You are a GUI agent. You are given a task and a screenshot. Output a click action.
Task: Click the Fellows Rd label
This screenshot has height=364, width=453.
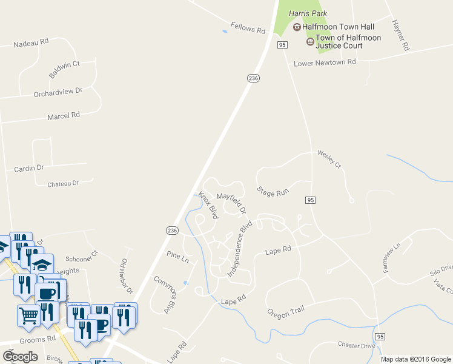coord(248,30)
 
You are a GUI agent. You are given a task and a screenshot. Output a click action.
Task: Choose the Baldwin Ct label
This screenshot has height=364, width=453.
coord(64,69)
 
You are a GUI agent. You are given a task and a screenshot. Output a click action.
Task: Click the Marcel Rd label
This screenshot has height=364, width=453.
coord(63,115)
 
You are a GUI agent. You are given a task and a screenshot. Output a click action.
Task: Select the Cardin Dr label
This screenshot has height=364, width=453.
coord(29,168)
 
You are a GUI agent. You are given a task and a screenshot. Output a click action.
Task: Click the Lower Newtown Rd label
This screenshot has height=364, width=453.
coord(324,63)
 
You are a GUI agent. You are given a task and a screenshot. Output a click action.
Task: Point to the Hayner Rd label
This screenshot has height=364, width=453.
coord(401,35)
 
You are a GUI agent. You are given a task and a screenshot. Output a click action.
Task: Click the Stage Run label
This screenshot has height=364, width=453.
coord(273,192)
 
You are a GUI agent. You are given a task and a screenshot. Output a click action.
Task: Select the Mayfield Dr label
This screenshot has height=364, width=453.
coord(232,203)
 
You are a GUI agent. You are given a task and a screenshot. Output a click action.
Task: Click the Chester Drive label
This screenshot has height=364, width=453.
coord(357,345)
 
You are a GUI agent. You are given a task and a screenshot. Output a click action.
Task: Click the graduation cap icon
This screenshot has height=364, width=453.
coord(42,264)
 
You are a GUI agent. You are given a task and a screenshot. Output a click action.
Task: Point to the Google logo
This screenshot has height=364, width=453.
coord(20,356)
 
